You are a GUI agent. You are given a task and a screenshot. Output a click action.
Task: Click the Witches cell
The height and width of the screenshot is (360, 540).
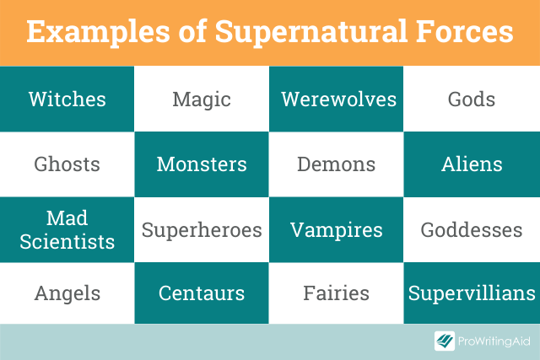point(67,99)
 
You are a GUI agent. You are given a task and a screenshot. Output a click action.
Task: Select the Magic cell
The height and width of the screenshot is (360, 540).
point(202,99)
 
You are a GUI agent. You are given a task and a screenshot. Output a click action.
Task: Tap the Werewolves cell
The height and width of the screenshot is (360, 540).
point(336,99)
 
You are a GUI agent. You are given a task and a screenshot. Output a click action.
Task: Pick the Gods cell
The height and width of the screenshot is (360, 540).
point(472,99)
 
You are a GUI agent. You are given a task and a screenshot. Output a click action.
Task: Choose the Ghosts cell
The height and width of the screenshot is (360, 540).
point(67,164)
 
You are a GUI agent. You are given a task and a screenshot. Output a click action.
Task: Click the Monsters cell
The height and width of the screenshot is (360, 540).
point(202,164)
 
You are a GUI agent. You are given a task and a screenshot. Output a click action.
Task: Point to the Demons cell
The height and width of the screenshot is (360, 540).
point(336,164)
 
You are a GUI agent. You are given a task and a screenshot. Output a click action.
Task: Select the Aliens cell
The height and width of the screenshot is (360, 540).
point(472,164)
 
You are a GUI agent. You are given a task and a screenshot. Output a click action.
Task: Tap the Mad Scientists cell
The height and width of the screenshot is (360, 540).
point(67,229)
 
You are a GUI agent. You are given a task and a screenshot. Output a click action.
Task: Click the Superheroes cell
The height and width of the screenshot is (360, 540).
point(202,229)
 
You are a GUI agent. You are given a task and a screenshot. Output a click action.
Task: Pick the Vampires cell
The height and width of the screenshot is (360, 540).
point(336,229)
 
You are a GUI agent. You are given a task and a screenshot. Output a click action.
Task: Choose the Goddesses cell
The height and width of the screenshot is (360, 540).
point(472,229)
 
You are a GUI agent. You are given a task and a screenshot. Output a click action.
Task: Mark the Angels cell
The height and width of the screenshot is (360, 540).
point(67,293)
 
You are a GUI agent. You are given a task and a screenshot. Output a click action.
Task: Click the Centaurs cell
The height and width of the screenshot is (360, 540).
point(202,293)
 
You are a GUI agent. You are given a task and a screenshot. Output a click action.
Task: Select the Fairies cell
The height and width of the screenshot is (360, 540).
point(336,293)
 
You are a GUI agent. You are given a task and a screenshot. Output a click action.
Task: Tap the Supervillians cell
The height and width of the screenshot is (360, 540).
point(472,293)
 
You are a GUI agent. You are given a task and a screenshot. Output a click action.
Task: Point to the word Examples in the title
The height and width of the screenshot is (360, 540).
point(98,32)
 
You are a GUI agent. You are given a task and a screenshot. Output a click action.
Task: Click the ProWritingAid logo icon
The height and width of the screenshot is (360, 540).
point(445,341)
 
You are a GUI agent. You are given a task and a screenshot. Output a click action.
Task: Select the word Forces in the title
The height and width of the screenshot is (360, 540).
point(465,31)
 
